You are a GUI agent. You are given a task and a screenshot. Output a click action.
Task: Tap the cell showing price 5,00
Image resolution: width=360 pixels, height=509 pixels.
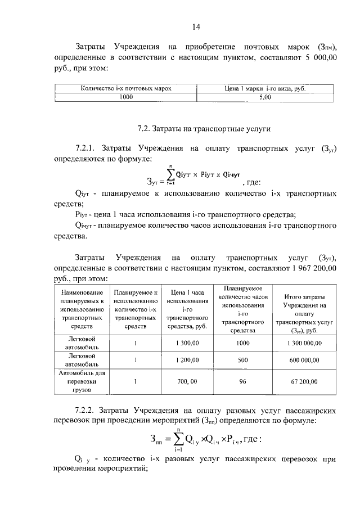tap(265, 97)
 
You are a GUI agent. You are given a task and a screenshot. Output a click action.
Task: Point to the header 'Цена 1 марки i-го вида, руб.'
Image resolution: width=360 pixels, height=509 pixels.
tap(265, 89)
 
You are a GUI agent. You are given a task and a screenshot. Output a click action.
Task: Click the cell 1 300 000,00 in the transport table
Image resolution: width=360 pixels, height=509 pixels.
tap(304, 343)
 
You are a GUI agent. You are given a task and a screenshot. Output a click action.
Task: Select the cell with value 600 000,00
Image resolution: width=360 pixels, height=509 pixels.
tap(304, 361)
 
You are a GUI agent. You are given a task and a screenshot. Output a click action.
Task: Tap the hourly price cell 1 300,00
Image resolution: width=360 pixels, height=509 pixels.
tap(185, 343)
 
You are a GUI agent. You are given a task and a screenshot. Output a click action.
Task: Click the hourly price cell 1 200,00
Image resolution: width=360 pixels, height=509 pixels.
tap(185, 361)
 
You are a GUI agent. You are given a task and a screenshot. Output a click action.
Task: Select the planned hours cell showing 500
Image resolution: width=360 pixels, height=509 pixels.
tap(243, 361)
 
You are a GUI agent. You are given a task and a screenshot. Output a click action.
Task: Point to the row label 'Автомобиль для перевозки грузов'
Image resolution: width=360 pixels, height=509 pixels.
tap(82, 381)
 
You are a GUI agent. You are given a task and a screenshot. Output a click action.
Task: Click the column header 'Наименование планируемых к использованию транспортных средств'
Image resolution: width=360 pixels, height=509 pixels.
tap(82, 309)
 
